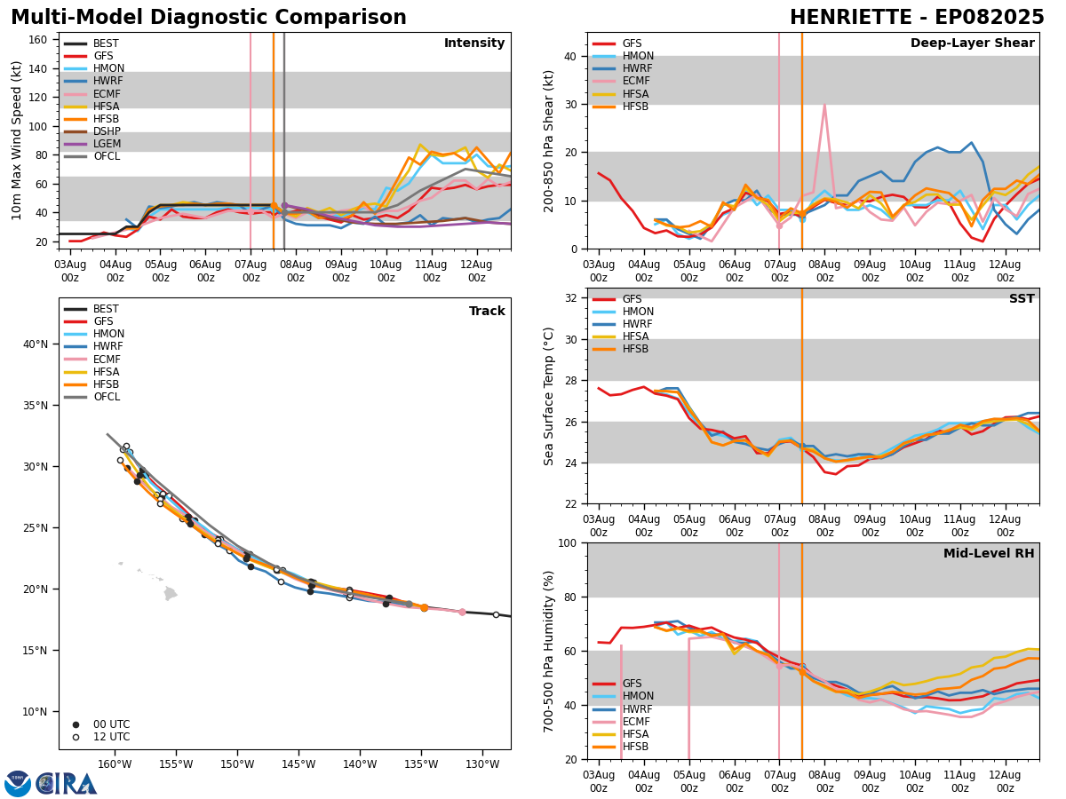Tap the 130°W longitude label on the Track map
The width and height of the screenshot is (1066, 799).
point(481,763)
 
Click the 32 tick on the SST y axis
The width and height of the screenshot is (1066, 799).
point(572,298)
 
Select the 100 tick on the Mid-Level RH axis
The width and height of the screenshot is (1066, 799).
point(569,542)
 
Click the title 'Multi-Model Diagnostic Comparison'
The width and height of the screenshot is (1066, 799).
point(209,18)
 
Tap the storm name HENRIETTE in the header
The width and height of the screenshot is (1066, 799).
point(852,18)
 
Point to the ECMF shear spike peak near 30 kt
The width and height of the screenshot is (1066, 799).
point(824,105)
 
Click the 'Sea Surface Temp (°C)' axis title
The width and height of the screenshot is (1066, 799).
point(550,396)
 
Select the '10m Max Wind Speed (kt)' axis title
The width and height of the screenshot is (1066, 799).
point(17,140)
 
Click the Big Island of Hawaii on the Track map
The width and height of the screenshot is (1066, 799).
point(171,593)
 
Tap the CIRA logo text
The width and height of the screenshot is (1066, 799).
point(67,783)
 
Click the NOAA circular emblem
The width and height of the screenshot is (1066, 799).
point(18,783)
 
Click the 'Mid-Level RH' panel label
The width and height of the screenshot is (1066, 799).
point(989,554)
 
